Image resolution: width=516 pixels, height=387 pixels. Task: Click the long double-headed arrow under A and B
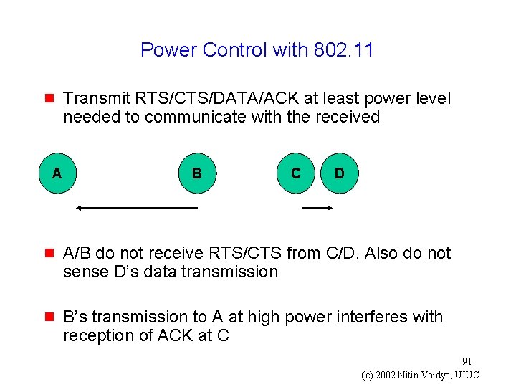coord(136,208)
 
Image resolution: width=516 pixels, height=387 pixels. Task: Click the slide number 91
coord(467,361)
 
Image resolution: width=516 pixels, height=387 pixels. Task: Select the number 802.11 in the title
coord(343,50)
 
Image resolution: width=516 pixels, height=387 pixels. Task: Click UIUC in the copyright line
coord(466,376)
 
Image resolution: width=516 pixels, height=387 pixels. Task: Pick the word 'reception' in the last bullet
coord(98,335)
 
